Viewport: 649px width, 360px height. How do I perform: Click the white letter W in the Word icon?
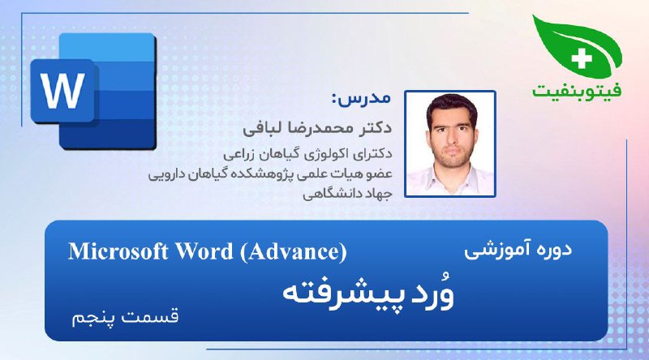click(x=63, y=91)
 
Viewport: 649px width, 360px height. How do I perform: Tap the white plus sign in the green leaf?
click(x=582, y=58)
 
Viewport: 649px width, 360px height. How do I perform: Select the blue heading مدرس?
click(x=361, y=98)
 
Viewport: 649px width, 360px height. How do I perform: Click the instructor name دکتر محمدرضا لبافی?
click(x=317, y=128)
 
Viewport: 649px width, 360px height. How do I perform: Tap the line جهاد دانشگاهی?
click(x=347, y=194)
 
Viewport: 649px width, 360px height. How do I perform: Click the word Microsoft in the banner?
click(x=118, y=251)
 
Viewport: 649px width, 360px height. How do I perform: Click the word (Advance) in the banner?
click(x=293, y=251)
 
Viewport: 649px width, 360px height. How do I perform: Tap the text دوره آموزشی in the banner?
click(x=518, y=250)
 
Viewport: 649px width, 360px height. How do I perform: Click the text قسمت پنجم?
click(x=125, y=317)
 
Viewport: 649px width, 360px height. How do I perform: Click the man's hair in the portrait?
click(x=451, y=105)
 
